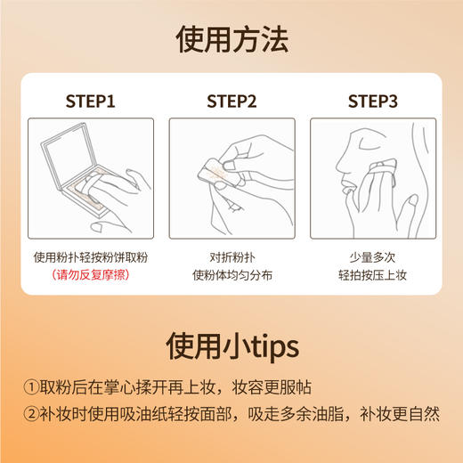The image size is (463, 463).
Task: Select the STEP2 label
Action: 231,101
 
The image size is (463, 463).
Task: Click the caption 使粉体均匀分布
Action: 231,274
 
